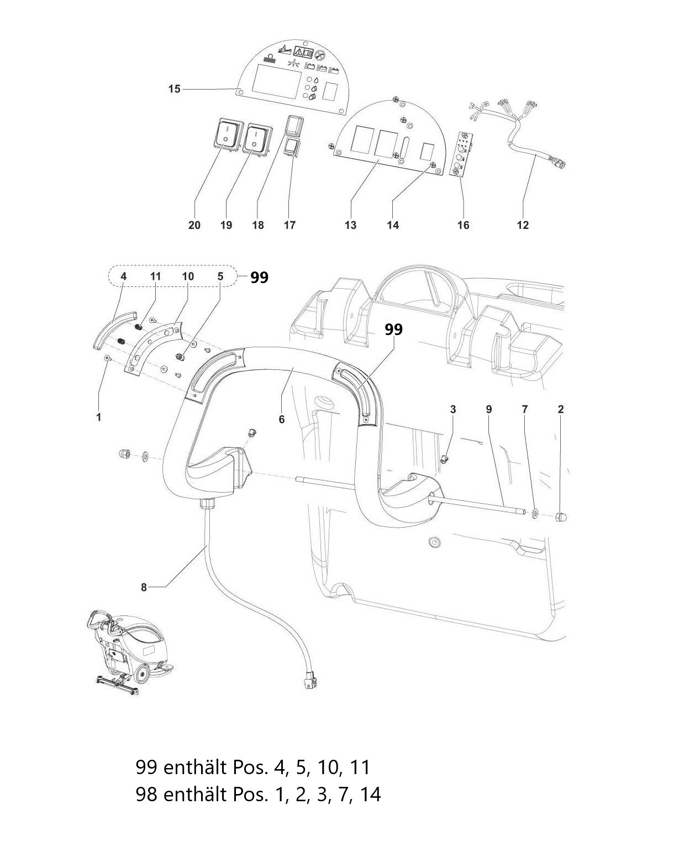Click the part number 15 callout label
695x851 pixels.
pyautogui.click(x=174, y=89)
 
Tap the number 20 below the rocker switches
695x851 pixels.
pyautogui.click(x=194, y=225)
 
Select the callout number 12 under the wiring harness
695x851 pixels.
pyautogui.click(x=523, y=225)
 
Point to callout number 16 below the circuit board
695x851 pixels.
pyautogui.click(x=463, y=225)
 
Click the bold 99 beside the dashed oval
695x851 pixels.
pyautogui.click(x=259, y=277)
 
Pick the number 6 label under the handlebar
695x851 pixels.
pyautogui.click(x=281, y=419)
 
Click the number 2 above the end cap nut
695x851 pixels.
pyautogui.click(x=560, y=409)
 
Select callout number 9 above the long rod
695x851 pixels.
pyautogui.click(x=488, y=409)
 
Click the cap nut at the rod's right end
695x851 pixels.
pyautogui.click(x=560, y=517)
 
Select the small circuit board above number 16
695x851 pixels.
pyautogui.click(x=461, y=154)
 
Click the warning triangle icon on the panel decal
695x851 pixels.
pyautogui.click(x=298, y=51)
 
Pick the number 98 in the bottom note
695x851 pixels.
pyautogui.click(x=146, y=795)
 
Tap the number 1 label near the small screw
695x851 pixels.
pyautogui.click(x=98, y=417)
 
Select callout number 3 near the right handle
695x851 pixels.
pyautogui.click(x=452, y=409)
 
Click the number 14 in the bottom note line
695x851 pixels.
pyautogui.click(x=370, y=795)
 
